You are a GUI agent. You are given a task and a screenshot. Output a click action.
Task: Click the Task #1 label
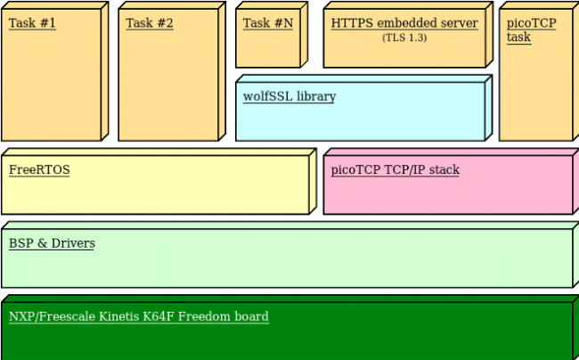coord(32,23)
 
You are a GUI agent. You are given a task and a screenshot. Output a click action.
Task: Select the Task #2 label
coord(150,23)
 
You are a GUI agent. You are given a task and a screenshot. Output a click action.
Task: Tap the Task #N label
coord(267,23)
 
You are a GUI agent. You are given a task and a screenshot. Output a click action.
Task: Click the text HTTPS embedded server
coord(404,23)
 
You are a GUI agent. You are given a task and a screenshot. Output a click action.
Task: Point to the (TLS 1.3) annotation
coord(405,37)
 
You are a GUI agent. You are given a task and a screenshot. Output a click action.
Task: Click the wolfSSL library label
coord(289,96)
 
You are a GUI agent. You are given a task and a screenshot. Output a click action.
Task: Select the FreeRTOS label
coord(39,169)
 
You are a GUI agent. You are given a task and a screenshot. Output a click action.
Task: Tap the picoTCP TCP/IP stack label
coord(395,169)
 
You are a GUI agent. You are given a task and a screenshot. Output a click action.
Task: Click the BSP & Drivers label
coord(52,243)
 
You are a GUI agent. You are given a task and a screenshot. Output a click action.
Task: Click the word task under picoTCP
coord(518,37)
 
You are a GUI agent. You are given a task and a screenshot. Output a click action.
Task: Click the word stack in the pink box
coord(444,169)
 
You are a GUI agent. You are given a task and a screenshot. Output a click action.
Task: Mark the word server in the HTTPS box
coord(460,23)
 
